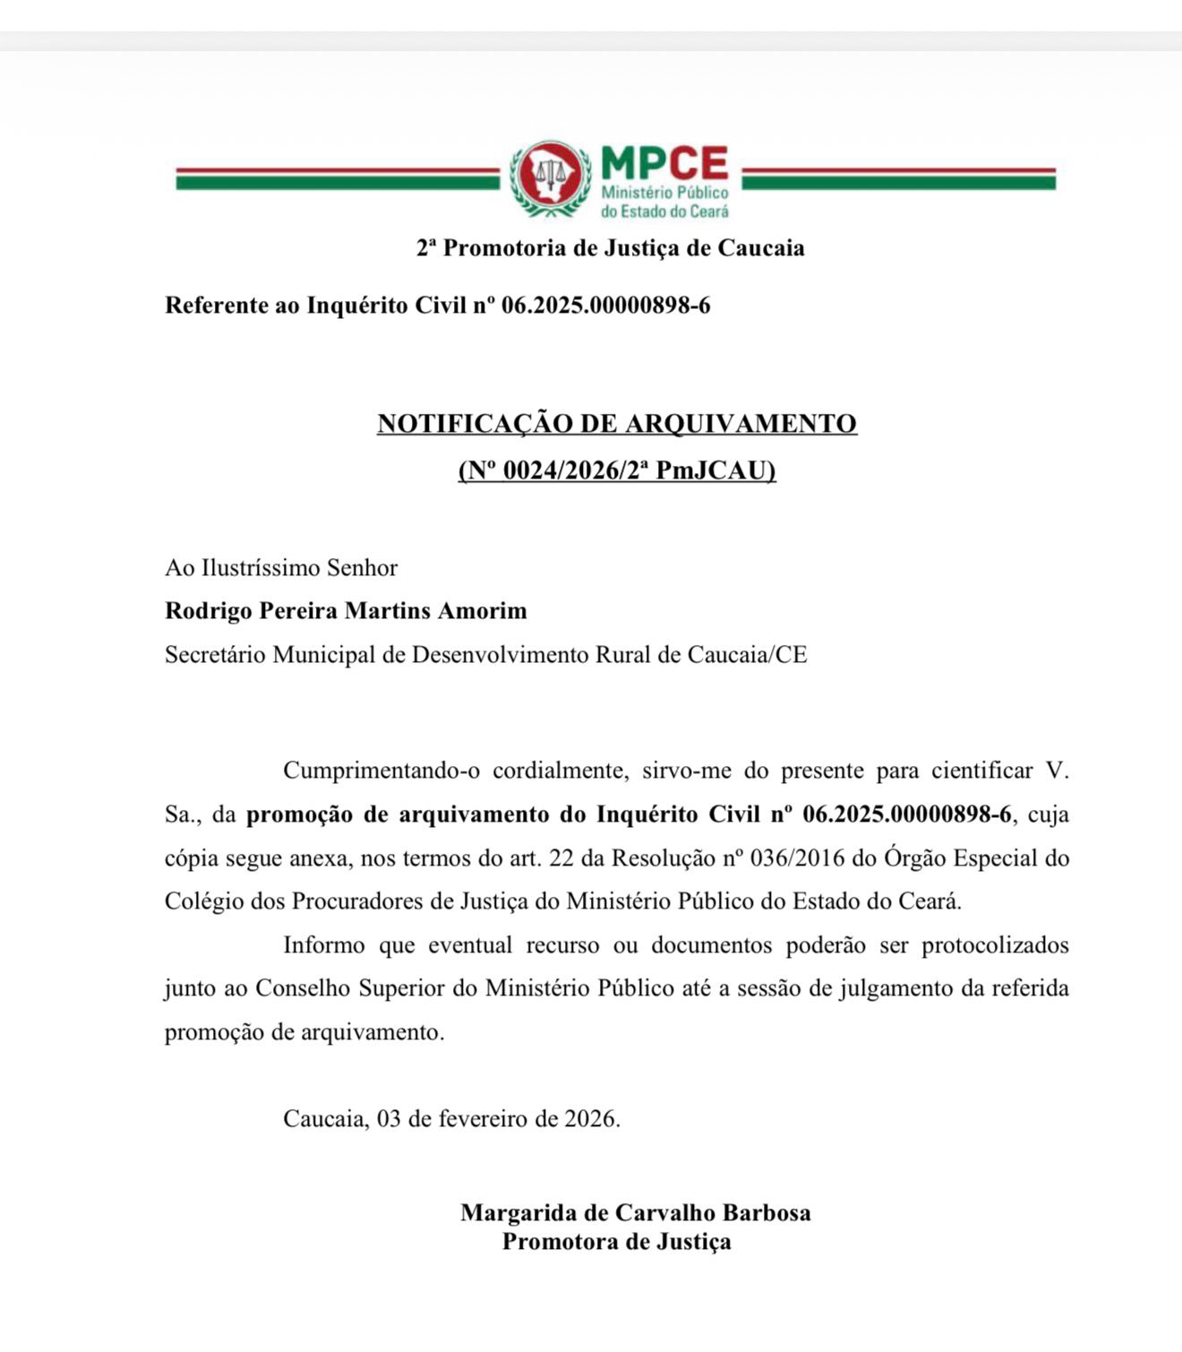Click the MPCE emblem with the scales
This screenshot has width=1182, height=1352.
coord(550,179)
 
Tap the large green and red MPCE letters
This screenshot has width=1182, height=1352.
coord(664,164)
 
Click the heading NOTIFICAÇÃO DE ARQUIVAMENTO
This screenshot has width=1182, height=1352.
coord(617,423)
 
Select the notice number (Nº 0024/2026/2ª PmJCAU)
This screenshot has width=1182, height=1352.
coord(617,470)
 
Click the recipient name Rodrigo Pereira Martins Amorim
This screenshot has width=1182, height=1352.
coord(346,611)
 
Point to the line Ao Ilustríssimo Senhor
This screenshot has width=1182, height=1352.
coord(281,568)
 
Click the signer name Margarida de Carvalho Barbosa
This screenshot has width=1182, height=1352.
coord(636,1213)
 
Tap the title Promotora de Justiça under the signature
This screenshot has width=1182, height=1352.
coord(617,1242)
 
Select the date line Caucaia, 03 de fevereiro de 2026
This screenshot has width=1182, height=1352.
coord(451,1119)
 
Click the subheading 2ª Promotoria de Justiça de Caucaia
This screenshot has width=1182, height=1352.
coord(610,248)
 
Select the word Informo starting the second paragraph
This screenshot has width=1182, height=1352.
coord(324,945)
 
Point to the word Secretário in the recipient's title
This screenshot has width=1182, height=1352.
coord(215,655)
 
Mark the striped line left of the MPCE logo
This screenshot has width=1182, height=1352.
coord(337,178)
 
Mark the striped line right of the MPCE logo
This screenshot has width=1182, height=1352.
coord(899,178)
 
